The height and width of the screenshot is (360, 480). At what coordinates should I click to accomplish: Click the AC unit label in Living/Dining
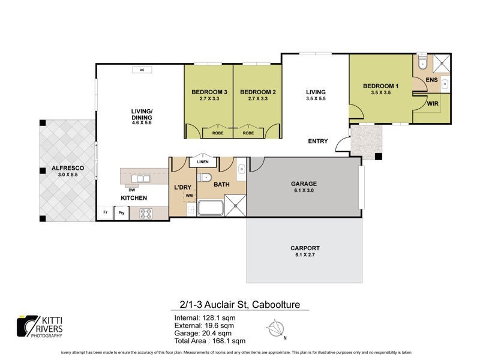pos(142,70)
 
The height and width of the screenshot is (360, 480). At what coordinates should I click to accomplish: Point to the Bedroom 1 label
pos(381,86)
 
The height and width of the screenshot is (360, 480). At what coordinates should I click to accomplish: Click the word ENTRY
pos(318,141)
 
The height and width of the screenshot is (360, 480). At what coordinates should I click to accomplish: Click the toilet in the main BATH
pos(206,176)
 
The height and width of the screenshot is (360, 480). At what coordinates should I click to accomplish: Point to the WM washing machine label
pos(189,196)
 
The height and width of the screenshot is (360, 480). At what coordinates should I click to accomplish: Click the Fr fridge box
pos(106,212)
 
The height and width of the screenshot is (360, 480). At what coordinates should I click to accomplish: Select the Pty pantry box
pos(122,212)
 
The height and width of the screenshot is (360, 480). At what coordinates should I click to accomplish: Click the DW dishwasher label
pos(131,190)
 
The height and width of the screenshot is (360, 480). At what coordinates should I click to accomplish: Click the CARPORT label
pos(305,248)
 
